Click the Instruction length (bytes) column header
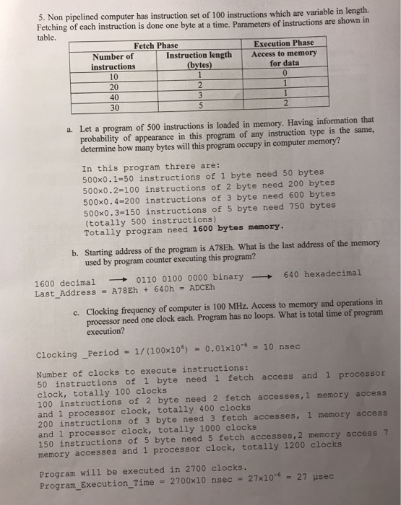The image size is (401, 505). [199, 60]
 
